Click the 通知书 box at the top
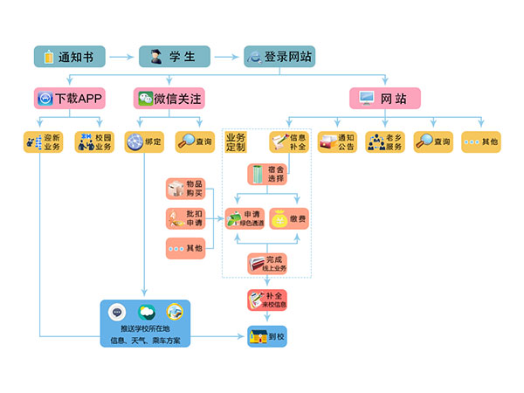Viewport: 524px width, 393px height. (70, 57)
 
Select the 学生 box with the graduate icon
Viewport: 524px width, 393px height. (174, 57)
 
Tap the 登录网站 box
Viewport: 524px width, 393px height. (279, 57)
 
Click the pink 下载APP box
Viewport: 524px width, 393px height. (70, 98)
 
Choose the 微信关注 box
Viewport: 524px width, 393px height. (169, 98)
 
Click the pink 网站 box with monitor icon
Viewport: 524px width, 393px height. (384, 98)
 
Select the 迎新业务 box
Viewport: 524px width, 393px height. (43, 141)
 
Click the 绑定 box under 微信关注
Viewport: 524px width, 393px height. (144, 141)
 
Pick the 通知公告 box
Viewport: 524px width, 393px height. (337, 141)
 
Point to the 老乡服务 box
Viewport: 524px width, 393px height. (385, 141)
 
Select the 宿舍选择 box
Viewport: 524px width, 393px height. (266, 174)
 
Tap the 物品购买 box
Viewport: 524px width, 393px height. (185, 189)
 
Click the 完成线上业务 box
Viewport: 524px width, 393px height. (266, 263)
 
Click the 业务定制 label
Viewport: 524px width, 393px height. (237, 141)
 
